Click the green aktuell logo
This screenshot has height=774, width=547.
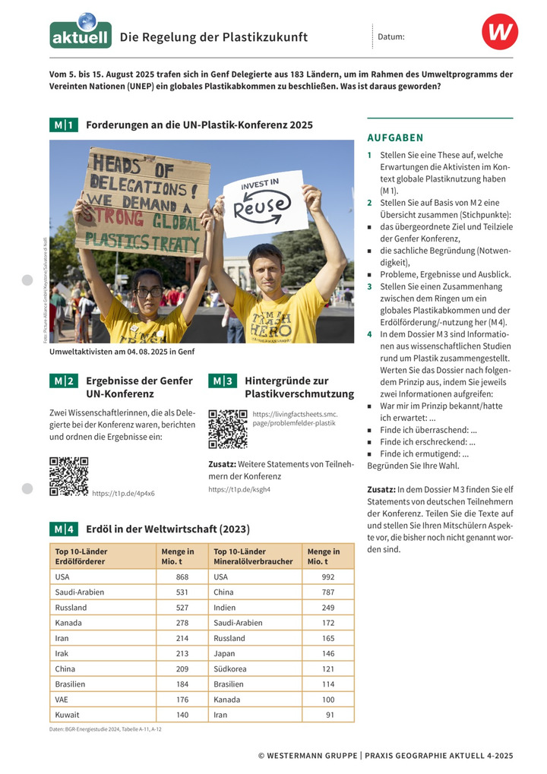coord(81,33)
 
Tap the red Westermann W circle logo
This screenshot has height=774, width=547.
coord(499,33)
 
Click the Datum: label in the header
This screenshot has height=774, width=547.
coord(390,36)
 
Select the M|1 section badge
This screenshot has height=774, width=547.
coord(63,125)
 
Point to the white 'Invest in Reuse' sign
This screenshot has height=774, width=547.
coord(263,203)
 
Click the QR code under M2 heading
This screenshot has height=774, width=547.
coord(68,476)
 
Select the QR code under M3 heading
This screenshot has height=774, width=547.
coord(227,429)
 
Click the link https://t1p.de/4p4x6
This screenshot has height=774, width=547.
coord(123,494)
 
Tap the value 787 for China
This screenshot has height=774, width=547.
coord(327,592)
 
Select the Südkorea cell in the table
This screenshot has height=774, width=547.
coord(229,669)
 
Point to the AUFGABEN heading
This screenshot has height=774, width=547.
coord(395,138)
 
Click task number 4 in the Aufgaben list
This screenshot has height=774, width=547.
coord(370,333)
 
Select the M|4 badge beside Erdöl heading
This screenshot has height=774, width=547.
coord(63,529)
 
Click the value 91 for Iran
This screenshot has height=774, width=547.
coord(329,715)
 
